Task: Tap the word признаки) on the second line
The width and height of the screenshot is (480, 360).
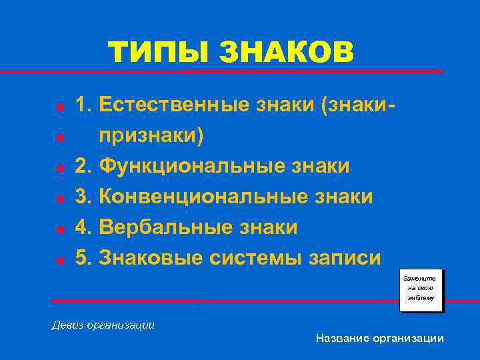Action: pos(153,136)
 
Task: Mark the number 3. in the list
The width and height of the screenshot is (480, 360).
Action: pos(83,197)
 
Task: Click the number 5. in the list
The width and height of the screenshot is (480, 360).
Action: pos(83,258)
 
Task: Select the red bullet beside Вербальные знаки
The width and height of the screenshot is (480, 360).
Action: pos(60,229)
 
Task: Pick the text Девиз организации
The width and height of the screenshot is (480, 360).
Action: pos(103,325)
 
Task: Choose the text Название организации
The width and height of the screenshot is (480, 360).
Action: pos(380,339)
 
